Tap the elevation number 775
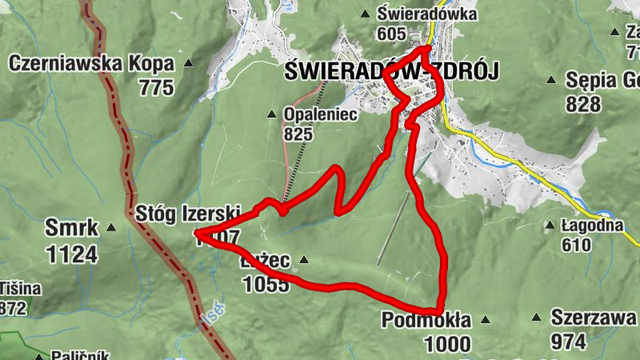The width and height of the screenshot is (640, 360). coord(155,87)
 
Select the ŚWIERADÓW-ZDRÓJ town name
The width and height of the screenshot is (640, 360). coord(391,72)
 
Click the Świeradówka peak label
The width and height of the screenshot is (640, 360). coord(427,14)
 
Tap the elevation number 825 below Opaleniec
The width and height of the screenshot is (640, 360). coord(297,134)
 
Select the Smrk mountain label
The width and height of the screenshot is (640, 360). coord(72,229)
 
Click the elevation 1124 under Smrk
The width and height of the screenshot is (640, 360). coord(72,254)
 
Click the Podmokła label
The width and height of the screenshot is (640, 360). coord(426,320)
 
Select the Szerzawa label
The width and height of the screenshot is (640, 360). coord(594,318)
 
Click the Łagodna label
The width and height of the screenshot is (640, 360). coord(591,226)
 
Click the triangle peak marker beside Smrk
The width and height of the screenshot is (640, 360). coord(110,229)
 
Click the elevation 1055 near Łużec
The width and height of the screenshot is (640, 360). coord(265,284)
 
